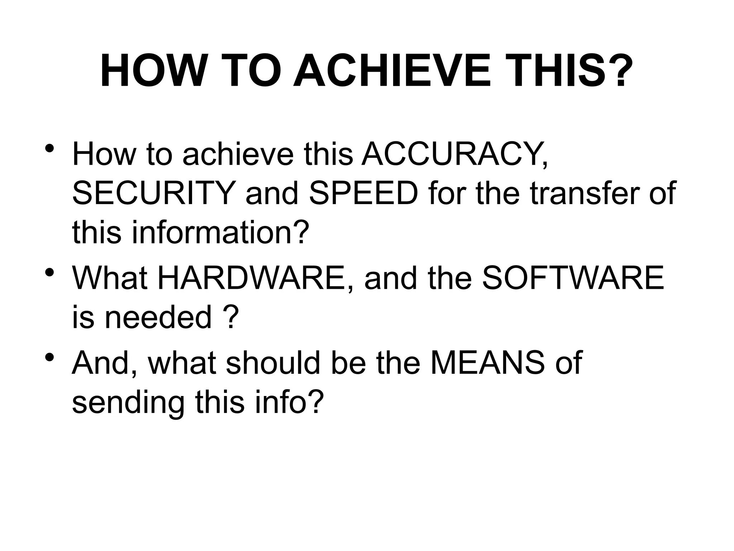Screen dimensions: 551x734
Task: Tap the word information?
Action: pos(220,232)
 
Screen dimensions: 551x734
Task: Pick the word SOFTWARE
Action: pos(573,278)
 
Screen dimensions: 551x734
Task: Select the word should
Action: pos(273,363)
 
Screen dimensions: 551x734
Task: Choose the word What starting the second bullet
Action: pos(110,278)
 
